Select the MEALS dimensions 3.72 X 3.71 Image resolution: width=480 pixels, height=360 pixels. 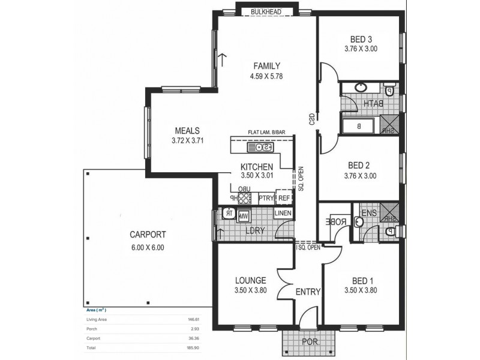[x=187, y=141]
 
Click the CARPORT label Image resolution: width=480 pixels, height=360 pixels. [x=147, y=235]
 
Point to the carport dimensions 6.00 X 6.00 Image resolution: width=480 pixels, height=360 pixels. [x=147, y=247]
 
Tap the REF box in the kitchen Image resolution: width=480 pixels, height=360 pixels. [x=283, y=197]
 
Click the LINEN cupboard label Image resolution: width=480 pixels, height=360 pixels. [x=283, y=214]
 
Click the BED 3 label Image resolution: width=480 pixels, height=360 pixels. [x=360, y=39]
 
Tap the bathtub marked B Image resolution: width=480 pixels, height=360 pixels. [x=359, y=127]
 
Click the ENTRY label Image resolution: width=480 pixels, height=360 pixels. [x=308, y=292]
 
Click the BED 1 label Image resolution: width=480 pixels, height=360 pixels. [x=361, y=280]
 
